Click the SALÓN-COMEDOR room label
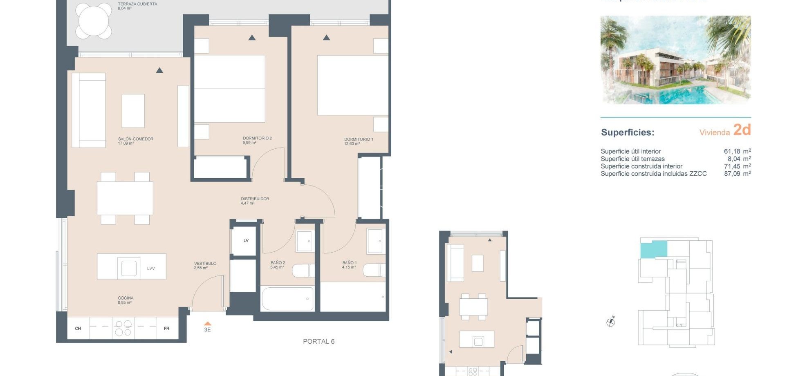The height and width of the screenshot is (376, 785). pos(135,139)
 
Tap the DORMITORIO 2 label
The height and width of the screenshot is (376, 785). pos(257,138)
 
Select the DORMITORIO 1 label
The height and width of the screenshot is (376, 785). pos(358,139)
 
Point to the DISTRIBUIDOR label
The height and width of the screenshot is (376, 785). pos(255,199)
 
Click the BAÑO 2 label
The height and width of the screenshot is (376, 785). pos(278,263)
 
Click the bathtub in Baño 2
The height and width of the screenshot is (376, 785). pos(287,299)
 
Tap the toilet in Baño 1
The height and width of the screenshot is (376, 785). pos(373,270)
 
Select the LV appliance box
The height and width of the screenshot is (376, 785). pos(246,241)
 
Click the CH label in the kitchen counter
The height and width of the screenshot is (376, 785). pos(78,329)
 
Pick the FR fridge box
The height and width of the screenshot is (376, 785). pos(166,329)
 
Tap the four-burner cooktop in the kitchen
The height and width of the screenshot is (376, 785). pos(123,328)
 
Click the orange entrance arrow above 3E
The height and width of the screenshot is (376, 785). pos(207,323)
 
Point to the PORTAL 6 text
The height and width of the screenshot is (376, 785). pos(318,341)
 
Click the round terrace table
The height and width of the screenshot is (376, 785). pos(94,20)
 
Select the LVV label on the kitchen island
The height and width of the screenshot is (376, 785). pos(151,269)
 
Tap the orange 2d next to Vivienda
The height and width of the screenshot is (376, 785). pos(742,130)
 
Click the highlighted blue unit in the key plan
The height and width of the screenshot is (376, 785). pos(653,249)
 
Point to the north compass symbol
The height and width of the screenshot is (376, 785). pos(610,322)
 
